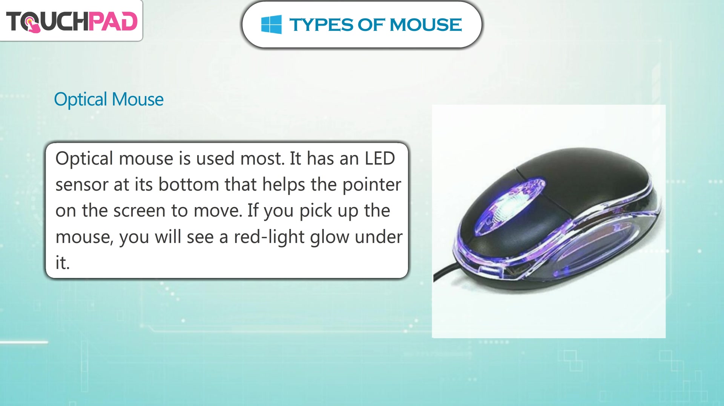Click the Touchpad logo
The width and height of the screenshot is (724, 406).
[x=72, y=21]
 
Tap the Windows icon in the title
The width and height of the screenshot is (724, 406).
[x=271, y=24]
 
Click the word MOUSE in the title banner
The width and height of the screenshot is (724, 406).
[x=426, y=25]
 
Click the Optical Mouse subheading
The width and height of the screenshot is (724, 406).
[x=109, y=100]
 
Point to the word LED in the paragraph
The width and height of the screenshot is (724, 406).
[x=380, y=158]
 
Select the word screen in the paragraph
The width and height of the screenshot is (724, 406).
[x=139, y=211]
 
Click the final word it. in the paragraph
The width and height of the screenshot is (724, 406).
[x=63, y=263]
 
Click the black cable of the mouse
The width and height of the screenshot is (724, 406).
[x=447, y=272]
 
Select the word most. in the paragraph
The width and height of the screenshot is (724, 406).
[x=262, y=159]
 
